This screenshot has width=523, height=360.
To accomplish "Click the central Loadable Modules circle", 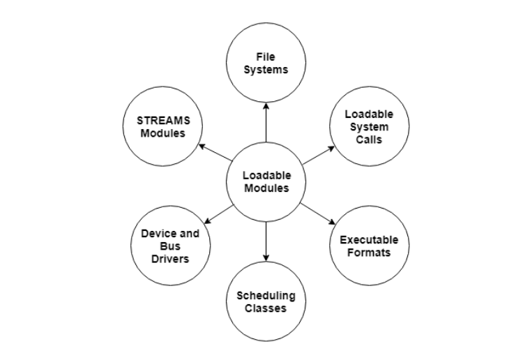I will pos(266,182).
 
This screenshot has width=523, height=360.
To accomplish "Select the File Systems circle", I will pos(266,62).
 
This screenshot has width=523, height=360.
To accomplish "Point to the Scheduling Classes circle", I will pos(266,301).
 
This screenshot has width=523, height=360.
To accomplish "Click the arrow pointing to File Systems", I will pos(266,122).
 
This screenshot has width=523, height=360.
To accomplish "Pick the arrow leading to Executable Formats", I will pos(317,213).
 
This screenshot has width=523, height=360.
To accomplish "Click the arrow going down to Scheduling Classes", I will pos(266,241).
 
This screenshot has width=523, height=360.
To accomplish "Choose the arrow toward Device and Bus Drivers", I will pos(218,213).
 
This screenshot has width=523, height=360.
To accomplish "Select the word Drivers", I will pos(170,259).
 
